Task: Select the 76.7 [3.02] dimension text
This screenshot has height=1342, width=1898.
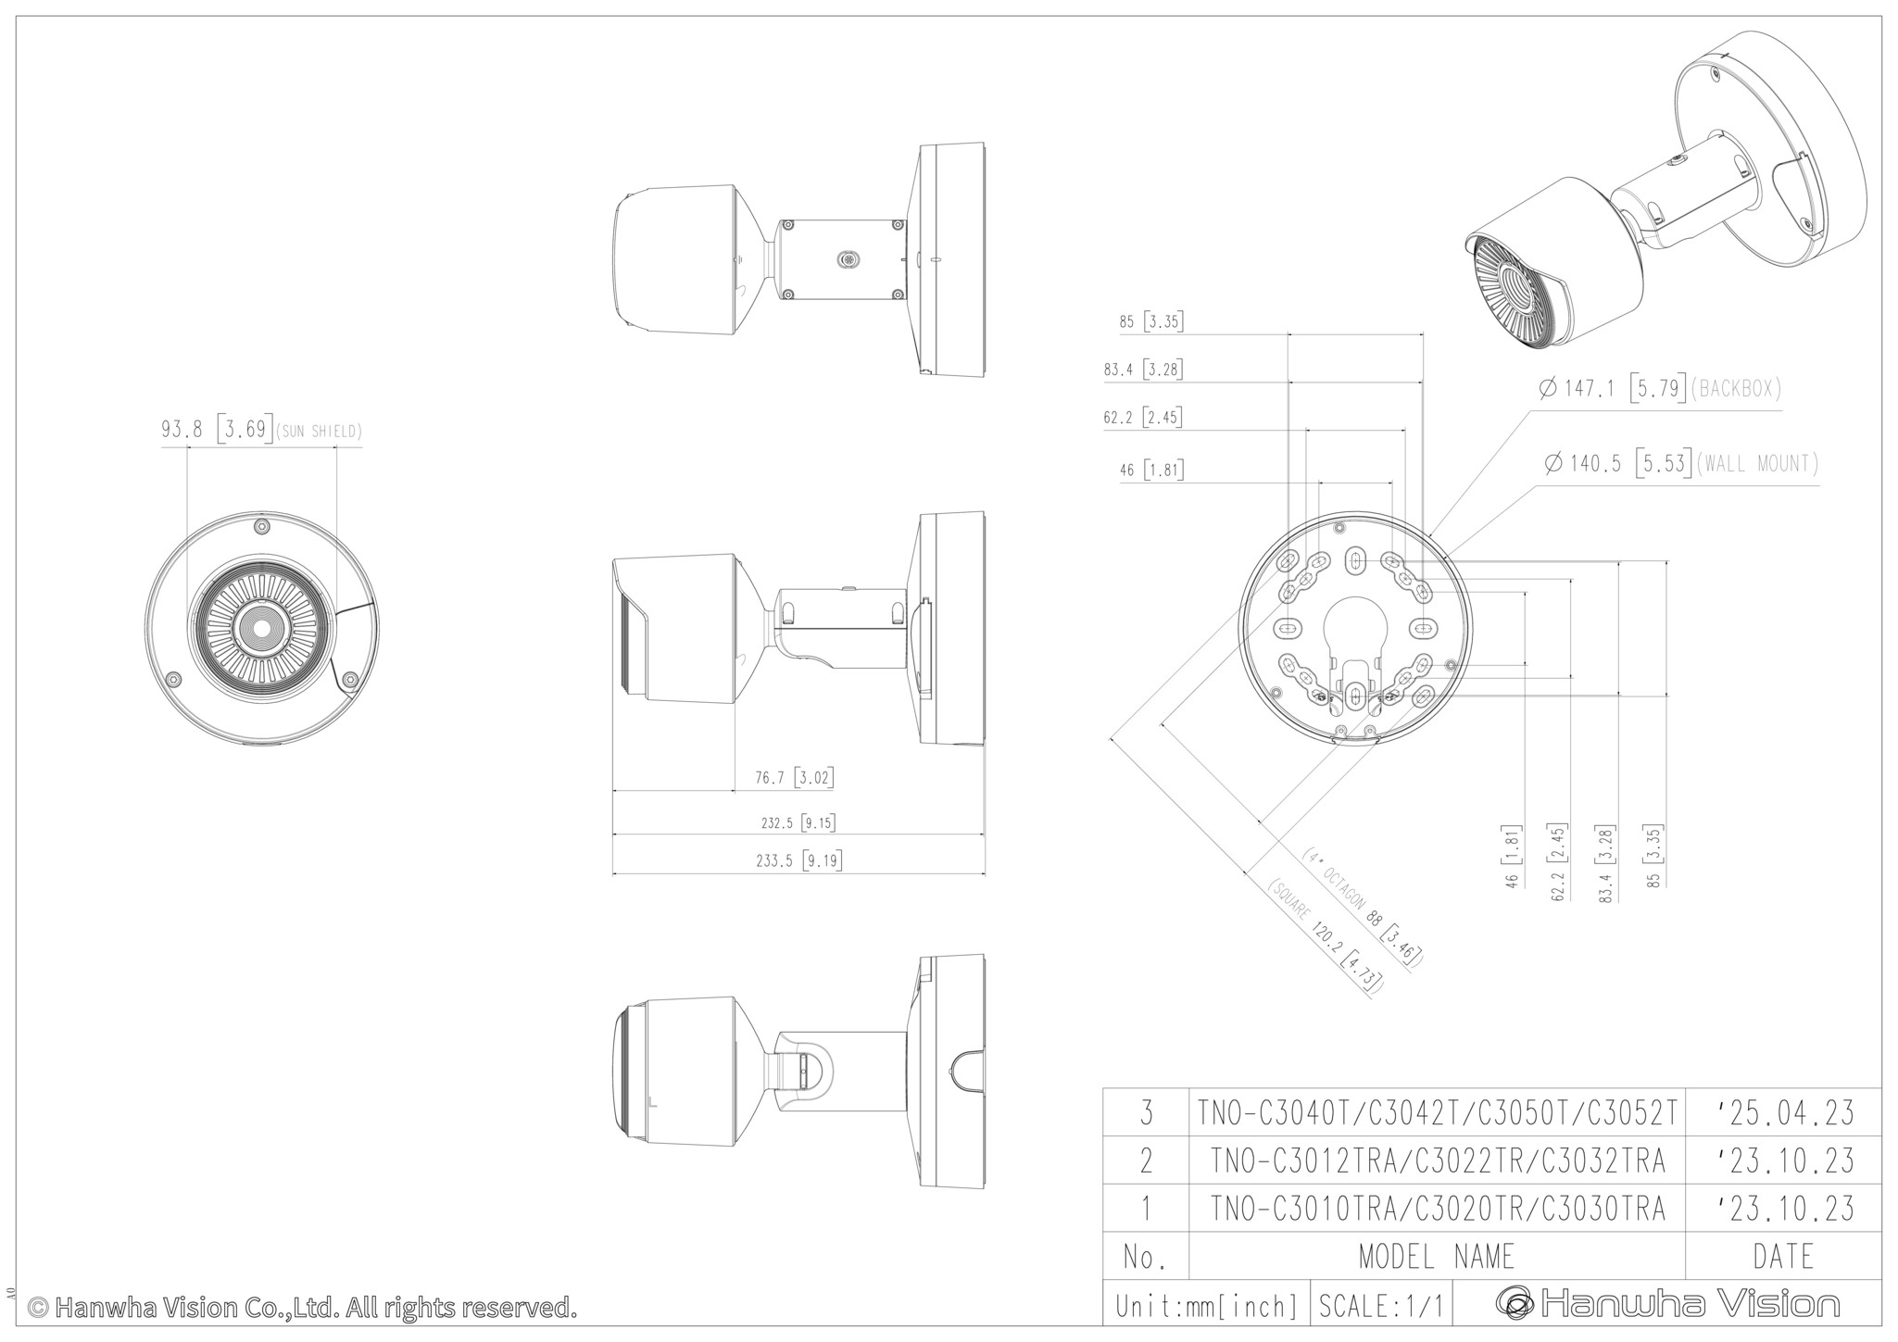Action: [x=794, y=778]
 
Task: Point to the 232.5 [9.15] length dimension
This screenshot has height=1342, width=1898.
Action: [x=798, y=822]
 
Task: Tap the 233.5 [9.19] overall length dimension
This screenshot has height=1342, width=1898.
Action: [x=798, y=861]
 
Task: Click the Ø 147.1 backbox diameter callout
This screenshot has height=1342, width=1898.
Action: [x=1660, y=389]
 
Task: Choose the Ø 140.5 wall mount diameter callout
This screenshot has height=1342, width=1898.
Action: [x=1681, y=463]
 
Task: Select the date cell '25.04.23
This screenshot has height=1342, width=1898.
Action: [x=1783, y=1112]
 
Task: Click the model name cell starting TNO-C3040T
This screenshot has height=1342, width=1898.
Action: [x=1437, y=1112]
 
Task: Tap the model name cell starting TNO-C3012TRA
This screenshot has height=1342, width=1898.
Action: [x=1437, y=1160]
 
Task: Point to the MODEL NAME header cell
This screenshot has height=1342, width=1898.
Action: [x=1437, y=1257]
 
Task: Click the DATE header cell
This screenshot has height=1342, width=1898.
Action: [x=1783, y=1257]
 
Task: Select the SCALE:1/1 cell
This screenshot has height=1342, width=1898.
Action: [x=1381, y=1305]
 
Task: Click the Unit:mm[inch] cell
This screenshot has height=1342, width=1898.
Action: [x=1207, y=1305]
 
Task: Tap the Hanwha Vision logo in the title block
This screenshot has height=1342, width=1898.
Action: [x=1667, y=1304]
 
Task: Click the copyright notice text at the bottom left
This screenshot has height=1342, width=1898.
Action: [x=302, y=1308]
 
